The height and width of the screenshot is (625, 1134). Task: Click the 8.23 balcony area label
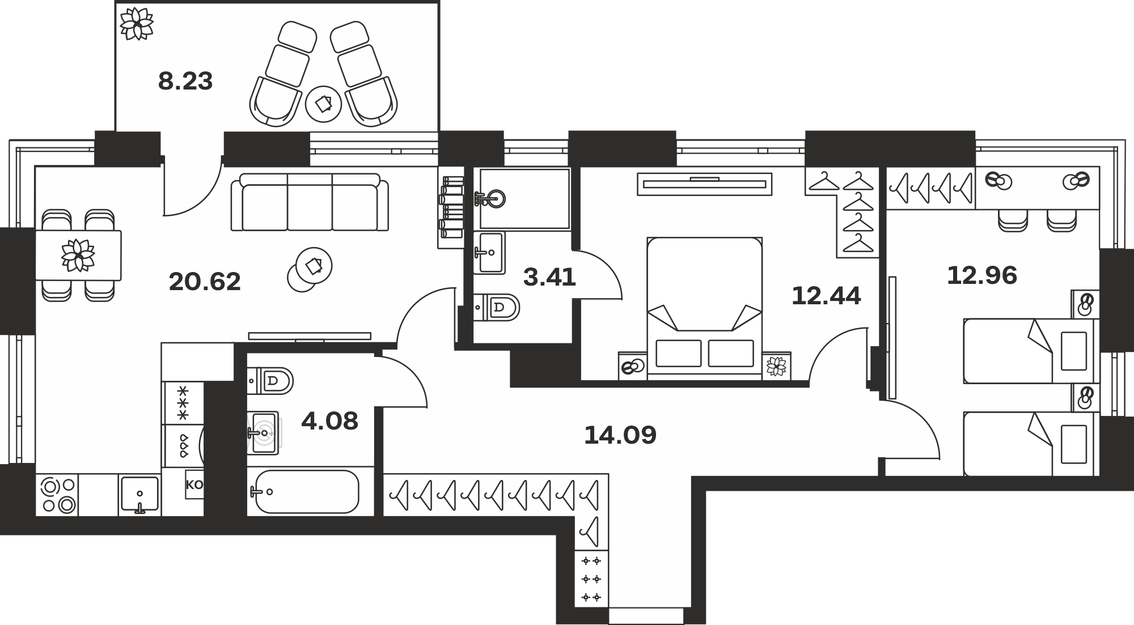(185, 81)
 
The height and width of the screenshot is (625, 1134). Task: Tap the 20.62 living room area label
(205, 282)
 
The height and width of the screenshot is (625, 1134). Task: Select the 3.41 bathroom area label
(549, 278)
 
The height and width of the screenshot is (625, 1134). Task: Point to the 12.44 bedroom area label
(826, 296)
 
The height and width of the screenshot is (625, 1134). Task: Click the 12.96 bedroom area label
(982, 275)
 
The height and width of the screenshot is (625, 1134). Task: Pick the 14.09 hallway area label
(620, 435)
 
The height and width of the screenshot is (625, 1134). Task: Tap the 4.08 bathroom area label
(329, 421)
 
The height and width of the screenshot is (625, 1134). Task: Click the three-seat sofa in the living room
(310, 202)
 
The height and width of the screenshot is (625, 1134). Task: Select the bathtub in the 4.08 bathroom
(306, 492)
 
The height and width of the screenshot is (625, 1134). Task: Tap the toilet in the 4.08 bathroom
(271, 380)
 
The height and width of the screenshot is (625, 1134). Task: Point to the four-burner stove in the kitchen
(57, 495)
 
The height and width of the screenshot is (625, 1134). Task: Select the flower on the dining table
(78, 255)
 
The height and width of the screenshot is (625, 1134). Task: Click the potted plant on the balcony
(137, 23)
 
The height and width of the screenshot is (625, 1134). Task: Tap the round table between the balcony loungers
(323, 104)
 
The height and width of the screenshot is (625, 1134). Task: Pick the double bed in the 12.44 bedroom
(704, 306)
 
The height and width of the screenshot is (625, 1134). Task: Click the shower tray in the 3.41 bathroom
(524, 198)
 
